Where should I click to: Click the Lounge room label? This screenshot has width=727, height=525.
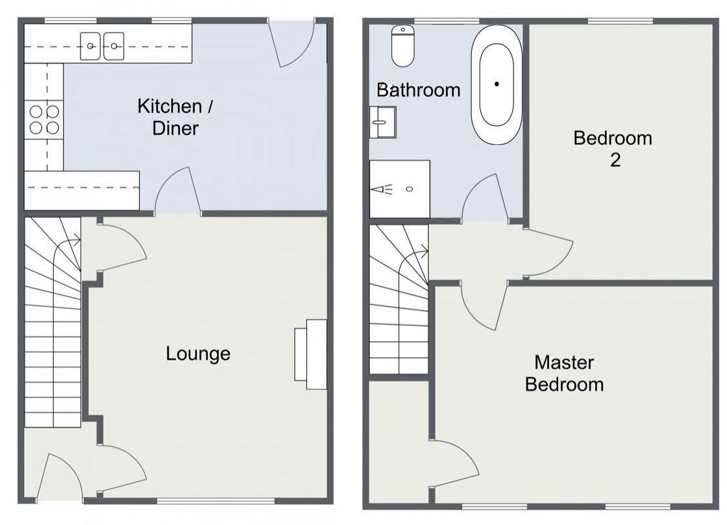[x=198, y=354]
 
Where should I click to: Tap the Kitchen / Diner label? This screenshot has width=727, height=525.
[x=175, y=117]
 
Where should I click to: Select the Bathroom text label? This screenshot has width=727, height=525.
[x=418, y=90]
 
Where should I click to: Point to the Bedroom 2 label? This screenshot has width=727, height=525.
[x=613, y=148]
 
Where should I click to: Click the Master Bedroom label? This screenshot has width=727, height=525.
[x=564, y=373]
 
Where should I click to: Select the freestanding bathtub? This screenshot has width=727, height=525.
[x=497, y=84]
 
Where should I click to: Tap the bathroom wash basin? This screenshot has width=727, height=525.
[x=382, y=122]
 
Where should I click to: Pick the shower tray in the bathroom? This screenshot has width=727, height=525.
[x=399, y=188]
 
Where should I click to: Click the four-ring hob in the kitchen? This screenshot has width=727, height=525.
[x=44, y=120]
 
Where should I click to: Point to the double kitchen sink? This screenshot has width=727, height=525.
[x=102, y=46]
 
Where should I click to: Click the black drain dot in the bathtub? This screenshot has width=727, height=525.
[x=497, y=84]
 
